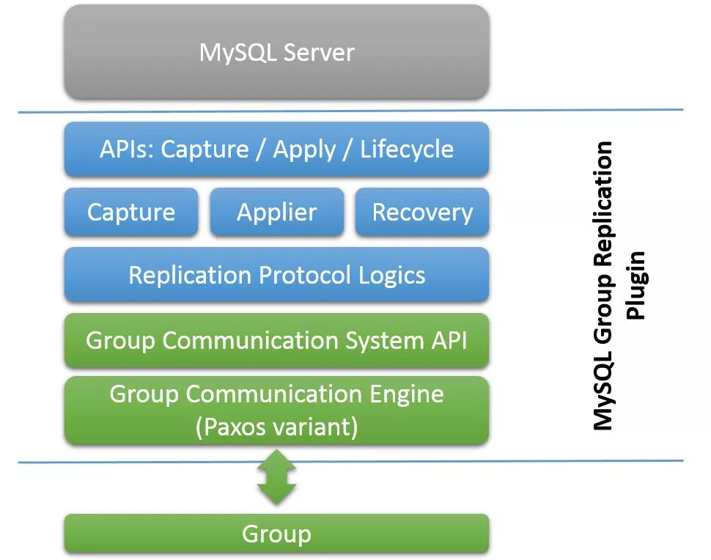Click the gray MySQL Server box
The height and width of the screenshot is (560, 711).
point(276,53)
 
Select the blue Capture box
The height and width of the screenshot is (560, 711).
point(131,213)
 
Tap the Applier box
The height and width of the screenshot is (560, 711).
point(276,213)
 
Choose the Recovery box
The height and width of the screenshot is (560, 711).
point(422,213)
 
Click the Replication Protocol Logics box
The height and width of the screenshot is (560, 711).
point(276,276)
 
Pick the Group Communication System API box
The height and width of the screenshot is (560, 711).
point(276,341)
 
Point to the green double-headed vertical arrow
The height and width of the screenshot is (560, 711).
point(276,477)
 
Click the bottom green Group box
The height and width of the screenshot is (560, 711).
point(276,534)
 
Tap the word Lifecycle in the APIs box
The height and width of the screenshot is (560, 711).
point(407,150)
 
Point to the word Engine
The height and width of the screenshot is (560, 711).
point(408,394)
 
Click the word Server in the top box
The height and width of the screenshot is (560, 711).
point(320,53)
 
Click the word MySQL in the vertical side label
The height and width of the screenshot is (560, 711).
point(603,397)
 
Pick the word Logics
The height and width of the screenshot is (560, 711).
point(392,276)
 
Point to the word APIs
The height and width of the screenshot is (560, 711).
point(126,150)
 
